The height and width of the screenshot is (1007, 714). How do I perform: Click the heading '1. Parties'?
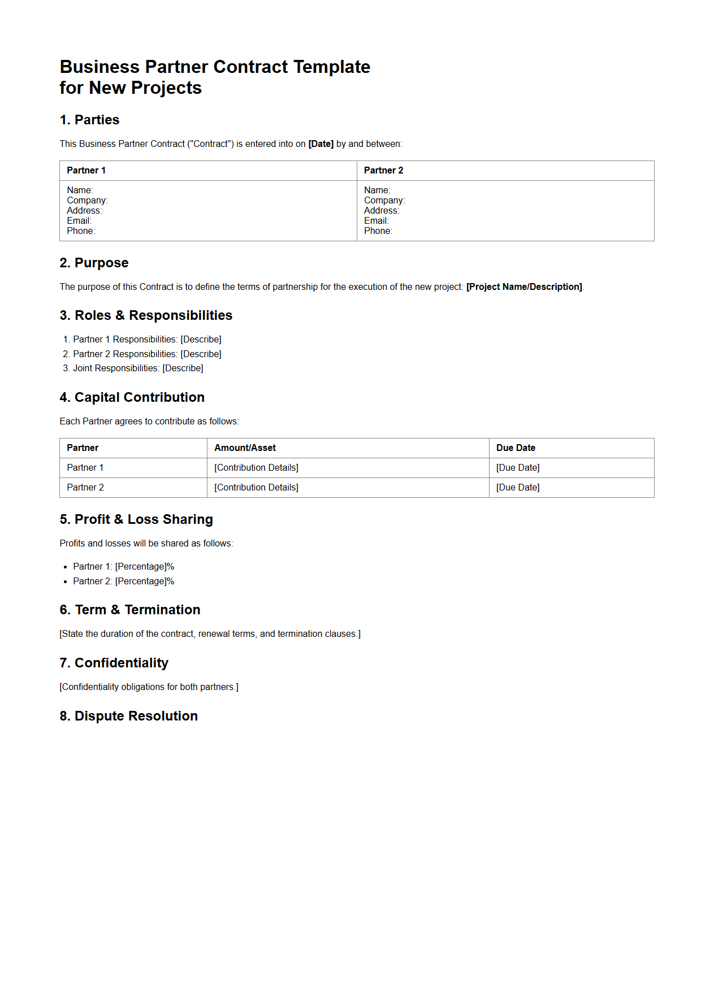[89, 120]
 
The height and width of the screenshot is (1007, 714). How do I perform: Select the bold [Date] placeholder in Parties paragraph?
[321, 144]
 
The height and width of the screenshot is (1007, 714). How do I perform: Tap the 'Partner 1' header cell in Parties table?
[86, 171]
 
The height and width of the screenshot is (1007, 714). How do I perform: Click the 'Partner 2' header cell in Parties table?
[383, 171]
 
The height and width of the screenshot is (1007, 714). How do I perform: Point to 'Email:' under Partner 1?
[79, 221]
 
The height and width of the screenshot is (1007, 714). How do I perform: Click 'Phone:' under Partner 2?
[378, 231]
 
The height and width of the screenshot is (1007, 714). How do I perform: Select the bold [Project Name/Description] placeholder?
[523, 287]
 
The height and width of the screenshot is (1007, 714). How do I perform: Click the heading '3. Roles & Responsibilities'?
[146, 315]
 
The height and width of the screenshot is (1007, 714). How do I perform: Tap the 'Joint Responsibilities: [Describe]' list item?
[138, 368]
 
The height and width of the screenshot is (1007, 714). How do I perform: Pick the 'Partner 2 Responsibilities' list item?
[147, 354]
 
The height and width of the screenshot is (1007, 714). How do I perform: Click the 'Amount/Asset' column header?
[245, 448]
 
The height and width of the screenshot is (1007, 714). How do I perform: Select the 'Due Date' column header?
[516, 448]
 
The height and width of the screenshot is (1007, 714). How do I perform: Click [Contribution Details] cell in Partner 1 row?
[256, 468]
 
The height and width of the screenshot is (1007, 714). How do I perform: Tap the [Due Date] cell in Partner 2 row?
[518, 488]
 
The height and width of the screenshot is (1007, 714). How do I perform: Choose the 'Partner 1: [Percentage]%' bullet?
[123, 567]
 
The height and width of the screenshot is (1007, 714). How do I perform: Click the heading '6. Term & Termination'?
[130, 610]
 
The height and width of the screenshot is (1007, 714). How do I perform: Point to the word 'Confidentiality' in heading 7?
[122, 663]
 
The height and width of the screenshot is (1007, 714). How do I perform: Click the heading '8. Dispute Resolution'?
[129, 716]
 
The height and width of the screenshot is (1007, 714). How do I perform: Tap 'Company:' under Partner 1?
[87, 201]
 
